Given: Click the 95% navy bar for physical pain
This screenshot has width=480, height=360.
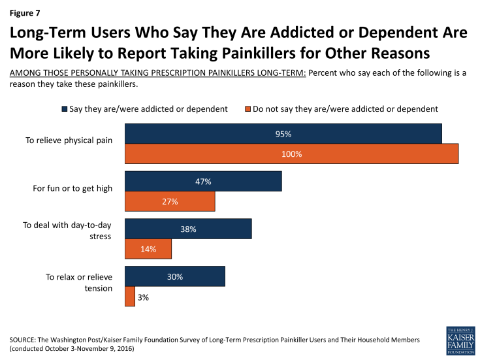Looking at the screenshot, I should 283,134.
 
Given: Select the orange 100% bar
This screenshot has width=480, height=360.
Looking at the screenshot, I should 291,154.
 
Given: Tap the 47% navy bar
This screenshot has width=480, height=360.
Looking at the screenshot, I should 202,182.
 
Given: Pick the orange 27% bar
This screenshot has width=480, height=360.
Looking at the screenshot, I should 169,201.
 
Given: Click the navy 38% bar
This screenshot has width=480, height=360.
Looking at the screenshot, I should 187,229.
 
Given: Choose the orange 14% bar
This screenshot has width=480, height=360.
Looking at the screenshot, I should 148,249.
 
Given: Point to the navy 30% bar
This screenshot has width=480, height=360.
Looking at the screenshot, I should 174,276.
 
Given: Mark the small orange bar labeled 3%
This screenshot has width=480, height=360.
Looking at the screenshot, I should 129,296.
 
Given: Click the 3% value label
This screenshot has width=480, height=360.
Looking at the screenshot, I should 144,297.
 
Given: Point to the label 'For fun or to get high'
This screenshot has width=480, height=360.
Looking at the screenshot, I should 72,189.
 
